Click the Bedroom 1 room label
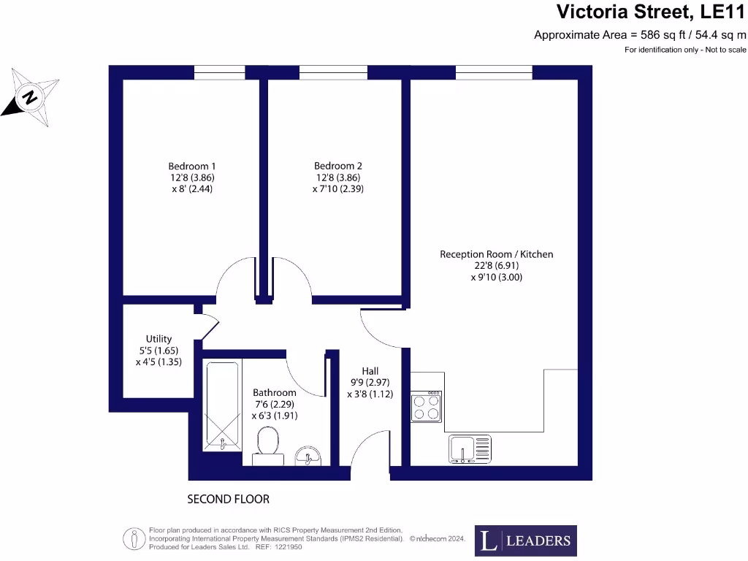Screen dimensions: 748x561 tap(192, 167)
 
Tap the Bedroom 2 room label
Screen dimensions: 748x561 tap(337, 166)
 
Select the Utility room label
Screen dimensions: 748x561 tap(159, 339)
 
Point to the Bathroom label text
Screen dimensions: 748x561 tap(275, 392)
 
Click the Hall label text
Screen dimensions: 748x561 tap(370, 371)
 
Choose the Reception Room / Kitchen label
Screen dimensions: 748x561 tap(497, 254)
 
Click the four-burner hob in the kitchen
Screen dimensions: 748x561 tap(427, 406)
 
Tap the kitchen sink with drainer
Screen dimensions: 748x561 tap(470, 449)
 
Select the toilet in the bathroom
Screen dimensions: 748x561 tap(267, 446)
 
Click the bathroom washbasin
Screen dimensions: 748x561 tap(308, 456)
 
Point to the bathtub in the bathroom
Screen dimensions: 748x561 tap(222, 405)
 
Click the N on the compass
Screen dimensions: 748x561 tap(30, 97)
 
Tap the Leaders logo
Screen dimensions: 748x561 tap(526, 541)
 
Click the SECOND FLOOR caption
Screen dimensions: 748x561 tap(228, 500)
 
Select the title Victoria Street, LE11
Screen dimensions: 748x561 tap(651, 12)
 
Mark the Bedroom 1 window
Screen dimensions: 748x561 tap(219, 72)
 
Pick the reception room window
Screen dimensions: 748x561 tap(494, 72)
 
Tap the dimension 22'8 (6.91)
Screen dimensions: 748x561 tap(497, 266)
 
